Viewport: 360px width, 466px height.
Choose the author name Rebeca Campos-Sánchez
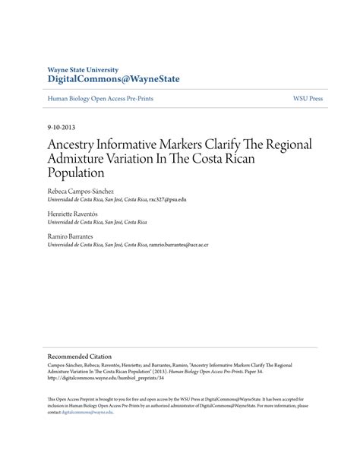(x=81, y=192)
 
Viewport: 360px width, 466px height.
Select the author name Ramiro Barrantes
(x=72, y=237)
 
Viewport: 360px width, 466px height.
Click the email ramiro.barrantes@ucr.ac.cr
(x=179, y=245)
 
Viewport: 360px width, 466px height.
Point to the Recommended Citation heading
(x=80, y=356)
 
